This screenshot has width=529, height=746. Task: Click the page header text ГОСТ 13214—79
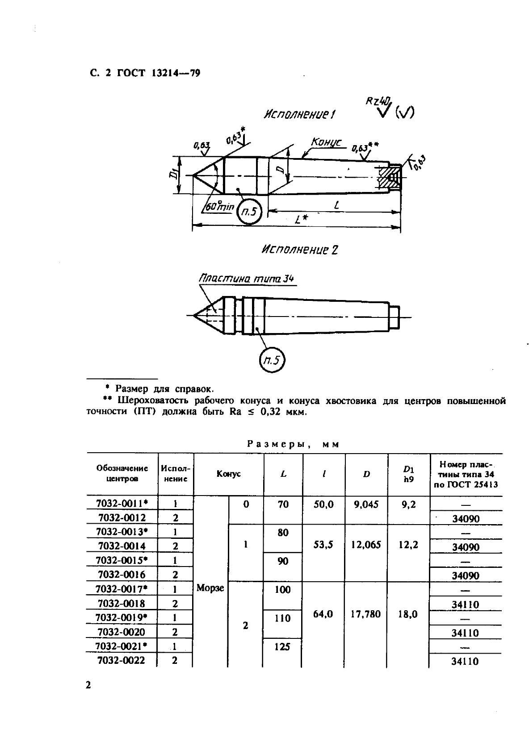coord(158,73)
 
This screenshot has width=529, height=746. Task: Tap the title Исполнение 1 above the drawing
coord(299,115)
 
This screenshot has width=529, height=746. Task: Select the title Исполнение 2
coord(300,250)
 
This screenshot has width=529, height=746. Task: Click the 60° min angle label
coord(219,207)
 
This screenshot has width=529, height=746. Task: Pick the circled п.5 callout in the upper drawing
coord(249,212)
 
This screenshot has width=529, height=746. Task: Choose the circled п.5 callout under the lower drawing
coord(272,360)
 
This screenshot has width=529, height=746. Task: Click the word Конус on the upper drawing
coord(326,142)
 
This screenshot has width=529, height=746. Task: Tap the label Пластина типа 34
coord(246,279)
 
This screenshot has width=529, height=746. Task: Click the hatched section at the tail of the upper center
coord(389,176)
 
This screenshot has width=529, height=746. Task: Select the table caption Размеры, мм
coord(293,444)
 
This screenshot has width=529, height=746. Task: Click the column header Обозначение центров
coord(122,473)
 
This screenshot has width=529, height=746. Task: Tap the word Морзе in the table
coord(210,588)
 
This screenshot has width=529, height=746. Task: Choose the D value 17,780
coord(365,614)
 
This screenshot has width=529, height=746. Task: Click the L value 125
coord(282,647)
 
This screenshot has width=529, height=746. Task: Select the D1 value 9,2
coord(408,504)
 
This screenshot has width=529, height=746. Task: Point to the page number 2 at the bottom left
coord(88,685)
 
